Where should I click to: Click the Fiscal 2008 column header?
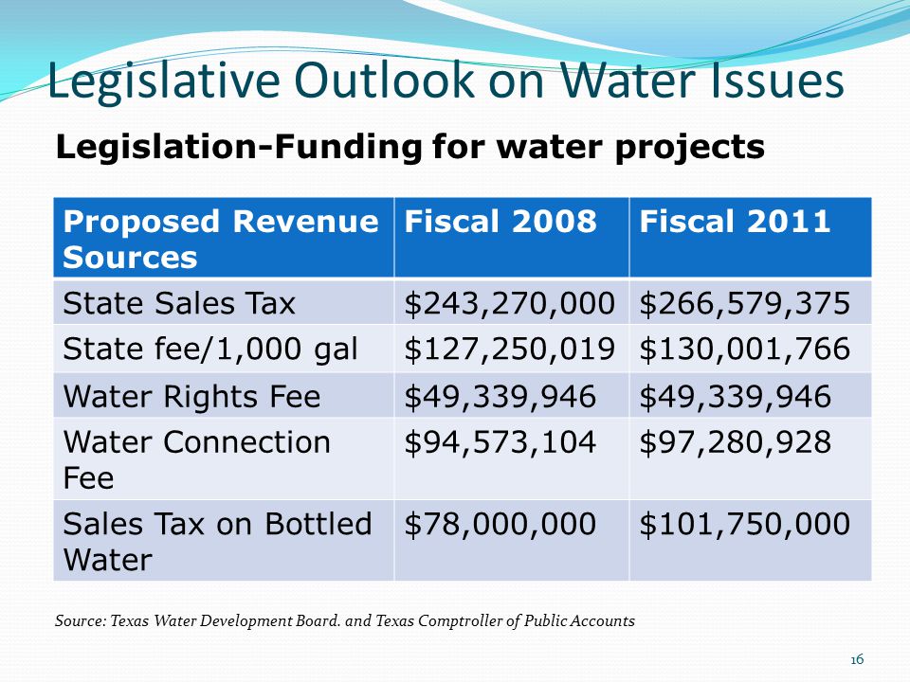500,222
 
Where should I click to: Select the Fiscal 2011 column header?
735,222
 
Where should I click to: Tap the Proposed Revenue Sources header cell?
220,239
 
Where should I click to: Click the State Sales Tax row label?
179,303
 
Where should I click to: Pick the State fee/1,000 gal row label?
210,350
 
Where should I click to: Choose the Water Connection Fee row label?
197,459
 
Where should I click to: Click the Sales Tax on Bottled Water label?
217,541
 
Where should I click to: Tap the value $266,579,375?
745,303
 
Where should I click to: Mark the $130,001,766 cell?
745,350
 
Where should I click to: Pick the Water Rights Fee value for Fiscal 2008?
500,396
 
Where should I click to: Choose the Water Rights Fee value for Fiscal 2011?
735,396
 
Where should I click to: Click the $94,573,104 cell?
500,442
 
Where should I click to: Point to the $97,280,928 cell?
735,442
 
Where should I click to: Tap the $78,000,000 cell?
500,524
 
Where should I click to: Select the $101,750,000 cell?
745,524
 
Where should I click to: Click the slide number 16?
857,660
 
